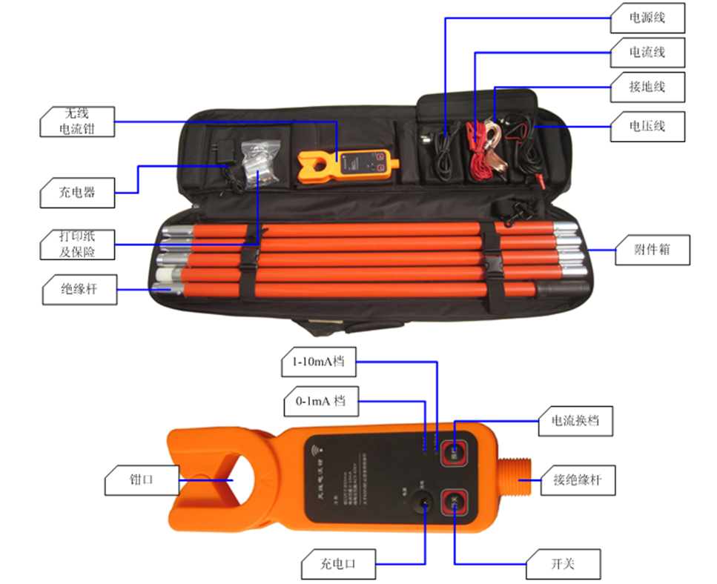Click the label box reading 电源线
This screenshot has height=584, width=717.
point(647,17)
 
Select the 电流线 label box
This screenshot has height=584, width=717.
point(647,52)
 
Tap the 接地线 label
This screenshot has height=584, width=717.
point(647,87)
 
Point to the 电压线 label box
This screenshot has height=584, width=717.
point(647,126)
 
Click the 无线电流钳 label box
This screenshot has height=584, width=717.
point(78,121)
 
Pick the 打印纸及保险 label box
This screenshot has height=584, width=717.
point(78,245)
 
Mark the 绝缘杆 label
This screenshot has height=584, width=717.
point(78,289)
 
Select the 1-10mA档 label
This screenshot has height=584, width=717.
point(318,363)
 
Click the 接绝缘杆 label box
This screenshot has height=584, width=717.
point(578,480)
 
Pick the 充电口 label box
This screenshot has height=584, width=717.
point(338,564)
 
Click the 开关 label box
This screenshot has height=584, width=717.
point(564,564)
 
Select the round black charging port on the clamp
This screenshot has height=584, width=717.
point(425,504)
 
